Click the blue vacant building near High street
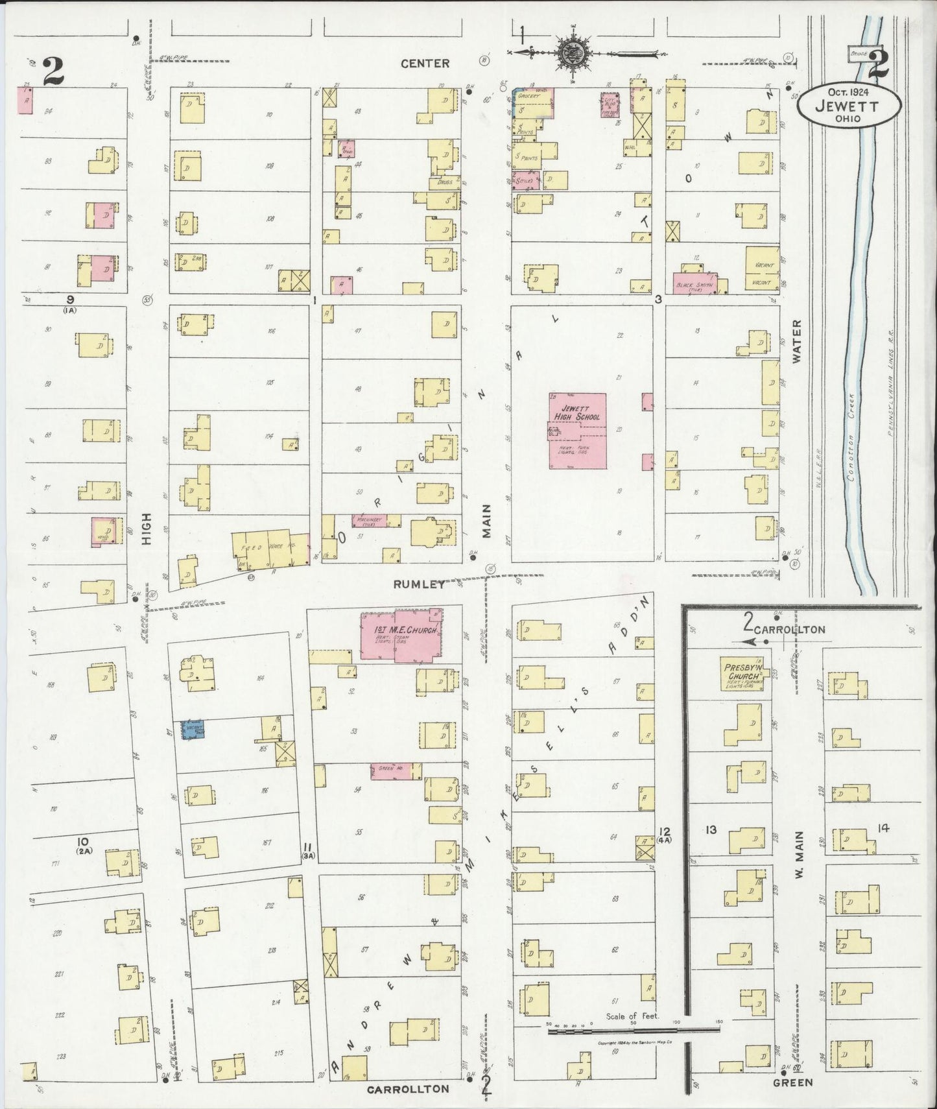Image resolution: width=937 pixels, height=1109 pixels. (x=193, y=729)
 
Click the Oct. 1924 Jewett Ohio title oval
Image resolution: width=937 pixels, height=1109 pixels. (x=847, y=104)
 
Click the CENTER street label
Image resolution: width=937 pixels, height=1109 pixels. (x=425, y=63)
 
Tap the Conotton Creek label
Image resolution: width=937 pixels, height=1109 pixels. (x=851, y=436)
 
